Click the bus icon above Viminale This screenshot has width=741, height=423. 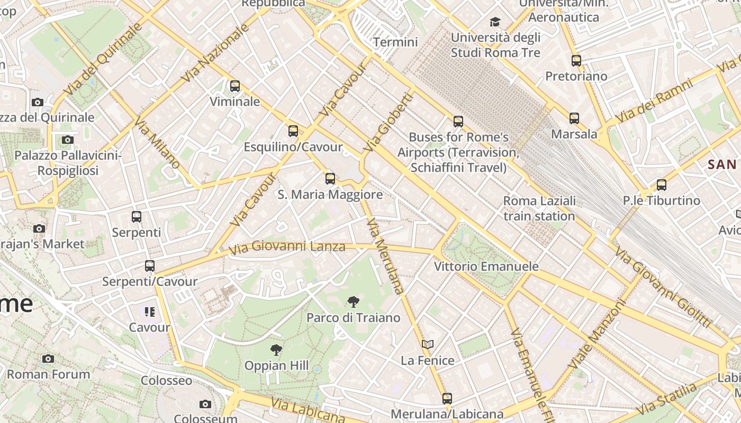[x=234, y=86]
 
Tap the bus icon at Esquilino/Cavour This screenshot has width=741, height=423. [x=293, y=131]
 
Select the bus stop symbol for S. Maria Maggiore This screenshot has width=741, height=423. [x=330, y=179]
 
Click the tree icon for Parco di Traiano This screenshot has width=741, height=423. [x=353, y=302]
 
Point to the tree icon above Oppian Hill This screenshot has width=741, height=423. [x=276, y=350]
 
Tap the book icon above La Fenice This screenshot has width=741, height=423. [x=428, y=345]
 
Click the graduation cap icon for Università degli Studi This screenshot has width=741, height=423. [x=495, y=22]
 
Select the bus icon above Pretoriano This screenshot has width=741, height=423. [x=576, y=61]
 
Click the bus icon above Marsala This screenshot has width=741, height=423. [x=574, y=118]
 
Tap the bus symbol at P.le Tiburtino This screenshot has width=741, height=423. [x=662, y=185]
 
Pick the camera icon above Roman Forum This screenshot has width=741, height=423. [x=48, y=358]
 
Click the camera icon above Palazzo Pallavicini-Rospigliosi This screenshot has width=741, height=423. [x=67, y=140]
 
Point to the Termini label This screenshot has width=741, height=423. [x=395, y=42]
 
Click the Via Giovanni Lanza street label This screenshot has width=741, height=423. [x=287, y=246]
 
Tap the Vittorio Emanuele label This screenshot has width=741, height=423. [x=486, y=266]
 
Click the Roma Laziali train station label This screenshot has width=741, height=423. [x=539, y=208]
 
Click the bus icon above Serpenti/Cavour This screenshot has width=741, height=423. [x=150, y=266]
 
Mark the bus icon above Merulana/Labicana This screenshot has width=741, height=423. [x=447, y=399]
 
